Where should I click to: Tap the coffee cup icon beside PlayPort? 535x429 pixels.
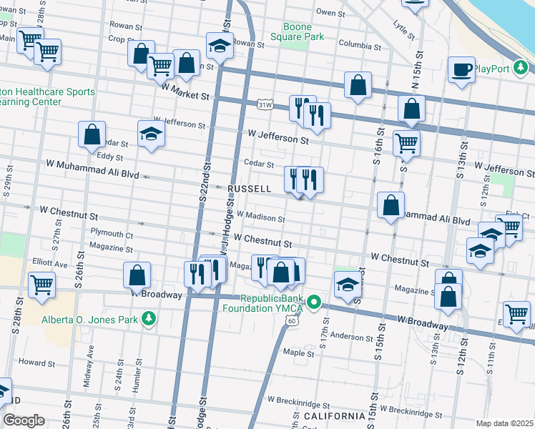[x=461, y=69]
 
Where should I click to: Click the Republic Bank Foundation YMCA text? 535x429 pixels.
[x=273, y=304]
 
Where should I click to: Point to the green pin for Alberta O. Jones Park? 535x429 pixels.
[x=149, y=318]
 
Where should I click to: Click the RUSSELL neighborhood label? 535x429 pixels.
[x=249, y=189]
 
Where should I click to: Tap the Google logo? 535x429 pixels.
[x=24, y=420]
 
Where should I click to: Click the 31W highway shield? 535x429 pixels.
[x=265, y=104]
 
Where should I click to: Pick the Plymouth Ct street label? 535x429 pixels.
[x=112, y=234]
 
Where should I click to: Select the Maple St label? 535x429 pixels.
[x=299, y=352]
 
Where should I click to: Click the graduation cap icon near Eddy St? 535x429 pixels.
[x=151, y=133]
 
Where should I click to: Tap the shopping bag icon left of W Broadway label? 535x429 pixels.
[x=137, y=275]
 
